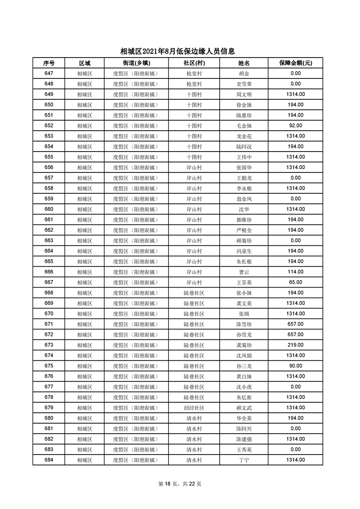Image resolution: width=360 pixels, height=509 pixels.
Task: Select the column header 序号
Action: pos(49,63)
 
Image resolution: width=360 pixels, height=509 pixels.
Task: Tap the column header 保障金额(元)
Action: pos(296,63)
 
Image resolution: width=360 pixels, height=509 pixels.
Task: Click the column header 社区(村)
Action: pos(194,63)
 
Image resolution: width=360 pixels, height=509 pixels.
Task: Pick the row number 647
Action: pos(49,73)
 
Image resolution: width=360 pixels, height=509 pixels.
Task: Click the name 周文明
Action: pos(244,94)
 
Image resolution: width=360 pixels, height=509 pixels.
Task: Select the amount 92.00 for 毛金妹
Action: pos(296,126)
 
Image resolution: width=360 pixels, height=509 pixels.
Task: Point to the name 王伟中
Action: pos(244,157)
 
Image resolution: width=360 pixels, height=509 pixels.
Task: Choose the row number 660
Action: pos(49,209)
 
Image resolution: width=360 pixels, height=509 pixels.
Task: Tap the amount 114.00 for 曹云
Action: pos(296,272)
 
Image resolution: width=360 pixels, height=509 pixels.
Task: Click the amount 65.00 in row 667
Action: pos(296,282)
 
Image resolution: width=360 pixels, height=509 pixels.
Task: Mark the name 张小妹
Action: pos(244,293)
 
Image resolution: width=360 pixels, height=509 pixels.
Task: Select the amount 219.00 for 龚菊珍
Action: pos(296,345)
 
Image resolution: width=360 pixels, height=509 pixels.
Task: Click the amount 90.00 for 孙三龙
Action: pos(296,366)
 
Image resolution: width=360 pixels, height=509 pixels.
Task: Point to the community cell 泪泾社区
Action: pos(194,407)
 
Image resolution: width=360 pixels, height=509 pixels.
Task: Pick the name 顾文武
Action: pos(244,407)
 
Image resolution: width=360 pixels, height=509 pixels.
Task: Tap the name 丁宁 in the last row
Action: pos(244,460)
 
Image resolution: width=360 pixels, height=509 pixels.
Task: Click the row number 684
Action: pos(49,460)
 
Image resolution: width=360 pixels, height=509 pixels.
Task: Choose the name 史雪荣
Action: pos(244,84)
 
